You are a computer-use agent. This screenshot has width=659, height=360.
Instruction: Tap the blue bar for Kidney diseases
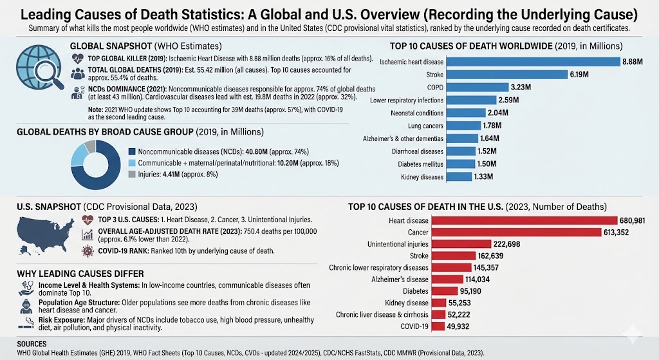465,176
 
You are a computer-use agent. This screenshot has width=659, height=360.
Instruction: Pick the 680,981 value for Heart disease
636,220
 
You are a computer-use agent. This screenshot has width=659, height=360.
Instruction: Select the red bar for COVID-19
438,327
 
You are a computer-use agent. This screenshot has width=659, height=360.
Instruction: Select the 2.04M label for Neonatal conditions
506,113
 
